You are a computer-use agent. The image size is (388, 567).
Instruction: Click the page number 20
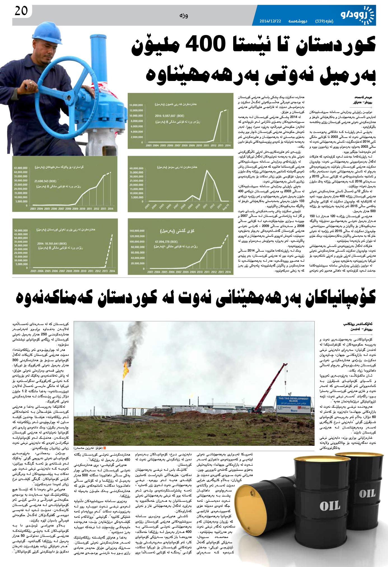click(x=21, y=11)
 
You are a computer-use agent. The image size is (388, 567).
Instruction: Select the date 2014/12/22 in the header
click(x=270, y=21)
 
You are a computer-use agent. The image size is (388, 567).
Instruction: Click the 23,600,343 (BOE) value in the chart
click(x=45, y=181)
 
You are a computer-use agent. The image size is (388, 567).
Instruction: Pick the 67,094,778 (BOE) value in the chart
click(x=166, y=241)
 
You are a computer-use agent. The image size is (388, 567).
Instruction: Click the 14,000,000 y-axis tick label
click(x=136, y=105)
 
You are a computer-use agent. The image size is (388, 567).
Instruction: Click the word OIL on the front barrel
click(x=330, y=506)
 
